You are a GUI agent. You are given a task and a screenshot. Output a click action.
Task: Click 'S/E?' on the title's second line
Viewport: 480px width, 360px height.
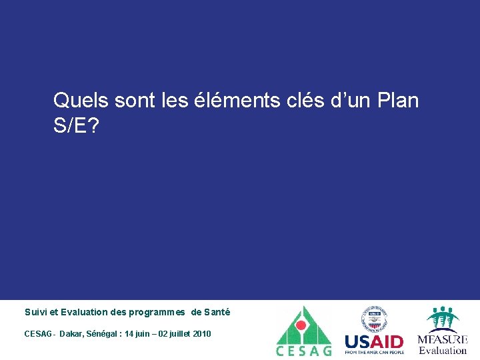[x=75, y=127]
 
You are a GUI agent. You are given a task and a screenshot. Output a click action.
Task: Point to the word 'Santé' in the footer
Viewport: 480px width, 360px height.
[x=217, y=312]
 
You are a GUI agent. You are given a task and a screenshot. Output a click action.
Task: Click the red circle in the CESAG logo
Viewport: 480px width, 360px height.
[x=301, y=325]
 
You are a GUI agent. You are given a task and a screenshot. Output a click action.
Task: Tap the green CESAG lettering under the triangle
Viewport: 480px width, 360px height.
[x=303, y=351]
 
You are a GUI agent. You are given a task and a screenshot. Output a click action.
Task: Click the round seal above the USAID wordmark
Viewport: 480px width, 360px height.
[x=373, y=319]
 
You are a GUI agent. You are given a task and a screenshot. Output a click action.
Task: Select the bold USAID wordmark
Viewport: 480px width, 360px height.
[x=374, y=341]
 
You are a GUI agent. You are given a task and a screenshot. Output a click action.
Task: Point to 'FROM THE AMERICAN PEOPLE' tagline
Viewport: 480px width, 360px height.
[x=374, y=352]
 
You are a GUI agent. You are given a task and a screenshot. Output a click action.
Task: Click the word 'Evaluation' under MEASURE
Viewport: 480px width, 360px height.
[x=443, y=351]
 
